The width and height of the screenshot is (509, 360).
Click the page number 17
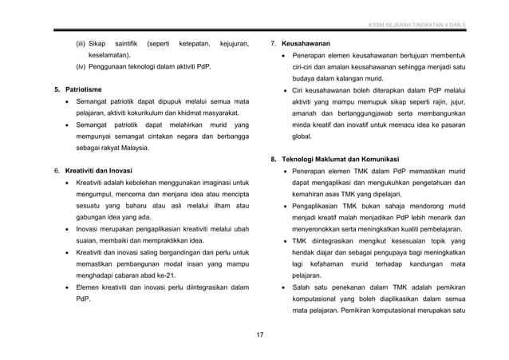pos(260,333)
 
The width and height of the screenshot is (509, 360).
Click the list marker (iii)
pos(81,42)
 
